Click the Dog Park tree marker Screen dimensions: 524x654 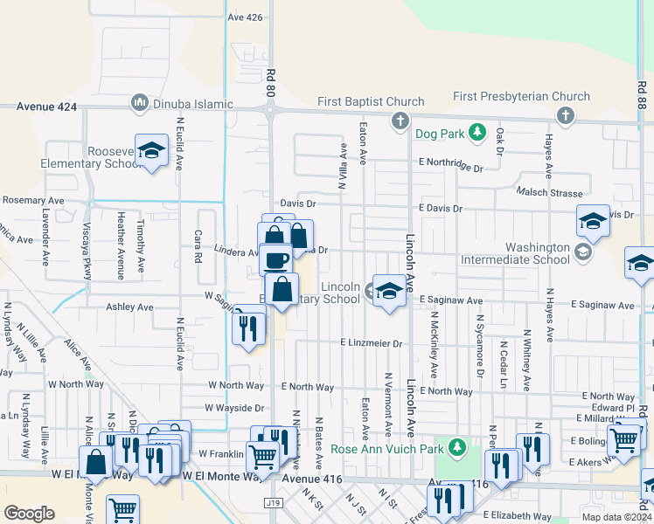coord(477,133)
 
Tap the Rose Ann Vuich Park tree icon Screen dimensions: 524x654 coord(456,448)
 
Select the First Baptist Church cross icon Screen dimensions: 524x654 coord(400,120)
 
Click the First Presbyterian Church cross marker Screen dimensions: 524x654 coord(566,114)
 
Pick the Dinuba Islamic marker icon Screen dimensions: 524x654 coord(139,104)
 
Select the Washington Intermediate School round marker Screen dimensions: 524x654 coord(583,252)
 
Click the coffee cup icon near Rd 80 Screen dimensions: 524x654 coord(276,259)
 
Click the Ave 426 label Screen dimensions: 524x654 coord(244,17)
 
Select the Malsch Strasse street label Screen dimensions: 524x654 coord(549,191)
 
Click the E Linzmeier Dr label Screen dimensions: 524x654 coord(372,344)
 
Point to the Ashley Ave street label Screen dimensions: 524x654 coord(129,307)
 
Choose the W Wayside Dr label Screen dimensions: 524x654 coord(234,407)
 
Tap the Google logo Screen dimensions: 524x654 coord(29,513)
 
